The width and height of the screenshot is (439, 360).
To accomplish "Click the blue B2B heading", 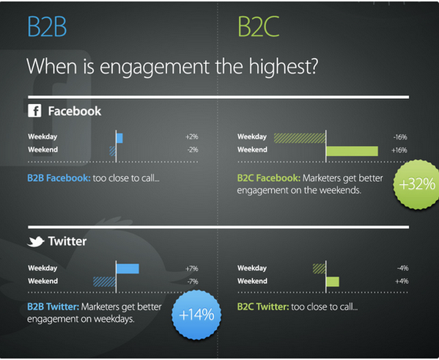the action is click(47, 26).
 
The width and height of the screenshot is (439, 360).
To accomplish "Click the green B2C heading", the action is click(259, 26).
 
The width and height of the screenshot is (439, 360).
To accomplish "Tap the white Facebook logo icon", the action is click(34, 111).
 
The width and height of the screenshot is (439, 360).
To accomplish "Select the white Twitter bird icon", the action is click(36, 241).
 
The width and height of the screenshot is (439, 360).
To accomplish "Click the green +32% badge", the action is click(416, 184).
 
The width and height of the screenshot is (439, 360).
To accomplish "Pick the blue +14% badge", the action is click(196, 315).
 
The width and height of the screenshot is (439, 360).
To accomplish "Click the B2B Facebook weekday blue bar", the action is click(119, 138).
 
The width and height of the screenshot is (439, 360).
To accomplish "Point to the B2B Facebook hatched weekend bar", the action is click(113, 151).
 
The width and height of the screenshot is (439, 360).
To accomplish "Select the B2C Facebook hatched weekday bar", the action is click(300, 138).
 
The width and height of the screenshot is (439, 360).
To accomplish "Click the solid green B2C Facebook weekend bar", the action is click(352, 151).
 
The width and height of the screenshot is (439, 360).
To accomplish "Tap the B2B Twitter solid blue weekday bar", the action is click(128, 268).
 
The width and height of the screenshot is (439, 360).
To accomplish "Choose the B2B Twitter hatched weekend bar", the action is click(104, 282).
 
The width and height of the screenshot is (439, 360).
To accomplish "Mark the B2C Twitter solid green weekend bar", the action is click(333, 282).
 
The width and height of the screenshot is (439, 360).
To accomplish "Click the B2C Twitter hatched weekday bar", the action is click(319, 268).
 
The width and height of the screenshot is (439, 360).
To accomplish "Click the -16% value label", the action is click(400, 137).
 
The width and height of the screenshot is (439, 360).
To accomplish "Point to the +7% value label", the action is click(192, 268).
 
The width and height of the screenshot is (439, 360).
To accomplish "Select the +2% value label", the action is click(192, 137).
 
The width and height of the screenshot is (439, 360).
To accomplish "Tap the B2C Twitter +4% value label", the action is click(402, 281).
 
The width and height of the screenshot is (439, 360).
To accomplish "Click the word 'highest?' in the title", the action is click(284, 67).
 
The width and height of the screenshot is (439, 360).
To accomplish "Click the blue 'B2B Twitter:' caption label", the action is click(54, 306).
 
